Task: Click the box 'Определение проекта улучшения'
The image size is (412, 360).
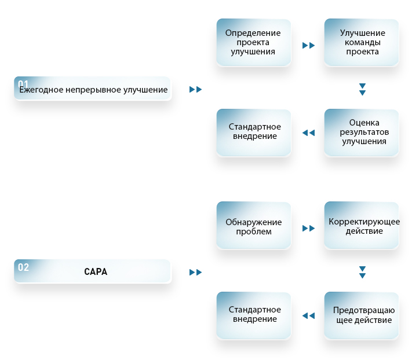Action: [254, 42]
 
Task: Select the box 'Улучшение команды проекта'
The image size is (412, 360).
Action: [362, 42]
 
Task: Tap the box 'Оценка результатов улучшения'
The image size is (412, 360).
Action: [362, 133]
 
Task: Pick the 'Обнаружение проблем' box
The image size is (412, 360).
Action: [254, 225]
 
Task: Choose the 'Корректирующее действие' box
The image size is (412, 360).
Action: [362, 225]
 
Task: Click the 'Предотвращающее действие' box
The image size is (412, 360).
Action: [362, 315]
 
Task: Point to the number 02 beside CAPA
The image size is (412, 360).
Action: [23, 267]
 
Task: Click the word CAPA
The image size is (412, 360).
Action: [96, 272]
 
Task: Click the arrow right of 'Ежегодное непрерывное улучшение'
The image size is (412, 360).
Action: [195, 90]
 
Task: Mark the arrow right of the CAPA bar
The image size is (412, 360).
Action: [195, 273]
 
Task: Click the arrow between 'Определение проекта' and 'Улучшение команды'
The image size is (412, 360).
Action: [308, 45]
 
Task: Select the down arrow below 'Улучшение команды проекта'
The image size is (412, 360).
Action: [362, 90]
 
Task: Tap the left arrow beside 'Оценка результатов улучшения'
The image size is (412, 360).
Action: [308, 133]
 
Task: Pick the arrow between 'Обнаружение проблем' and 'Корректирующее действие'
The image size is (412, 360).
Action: [308, 228]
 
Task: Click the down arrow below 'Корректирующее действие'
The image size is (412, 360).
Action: [362, 273]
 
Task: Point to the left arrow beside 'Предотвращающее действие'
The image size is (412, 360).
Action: [308, 315]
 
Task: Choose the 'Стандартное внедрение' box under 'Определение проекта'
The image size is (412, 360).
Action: [254, 133]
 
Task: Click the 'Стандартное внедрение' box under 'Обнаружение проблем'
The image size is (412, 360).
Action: [254, 315]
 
